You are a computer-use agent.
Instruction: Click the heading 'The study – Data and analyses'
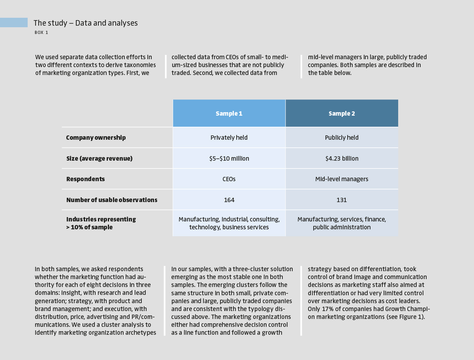[86, 23]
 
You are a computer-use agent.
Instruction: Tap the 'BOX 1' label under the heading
[41, 33]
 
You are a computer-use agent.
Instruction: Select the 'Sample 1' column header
[229, 114]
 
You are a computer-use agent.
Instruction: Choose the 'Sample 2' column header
[342, 114]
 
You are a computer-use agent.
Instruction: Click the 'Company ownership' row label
[96, 138]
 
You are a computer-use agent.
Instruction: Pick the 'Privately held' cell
[229, 138]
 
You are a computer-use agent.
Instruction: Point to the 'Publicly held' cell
[342, 138]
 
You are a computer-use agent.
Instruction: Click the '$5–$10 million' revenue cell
[229, 159]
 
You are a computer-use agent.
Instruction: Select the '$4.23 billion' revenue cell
[342, 159]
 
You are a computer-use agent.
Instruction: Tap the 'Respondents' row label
[86, 179]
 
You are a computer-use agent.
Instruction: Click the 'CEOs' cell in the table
[229, 179]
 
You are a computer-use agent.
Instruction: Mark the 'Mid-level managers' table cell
[342, 179]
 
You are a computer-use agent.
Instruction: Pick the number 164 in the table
[229, 200]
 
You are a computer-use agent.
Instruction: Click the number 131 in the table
[342, 200]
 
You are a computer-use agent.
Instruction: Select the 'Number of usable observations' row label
[112, 200]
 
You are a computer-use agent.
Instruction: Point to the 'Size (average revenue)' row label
[100, 159]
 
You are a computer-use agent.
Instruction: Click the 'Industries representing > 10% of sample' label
[101, 223]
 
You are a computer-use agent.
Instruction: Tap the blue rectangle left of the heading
[14, 22]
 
